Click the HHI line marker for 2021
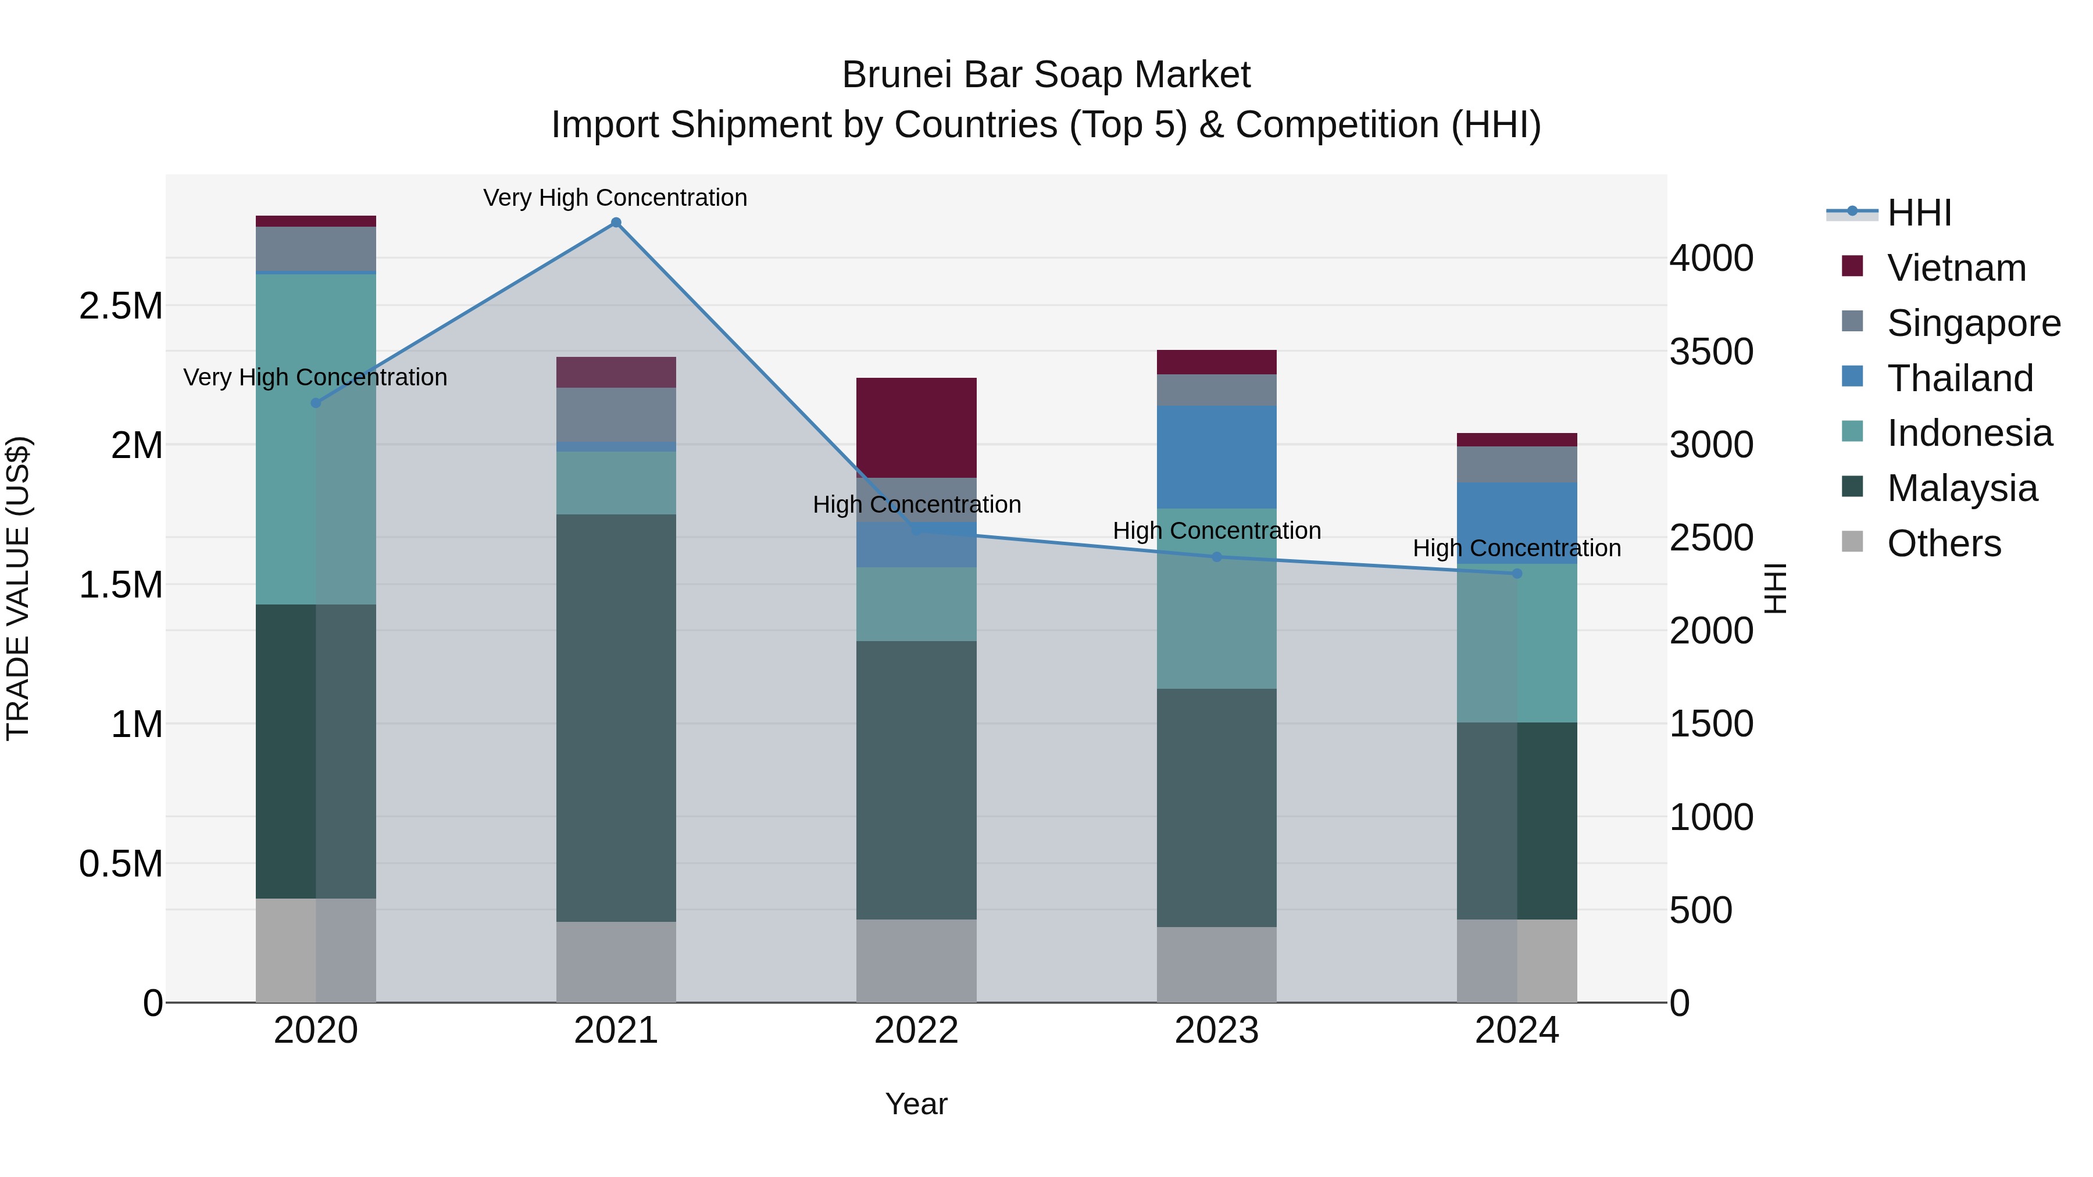pyautogui.click(x=616, y=223)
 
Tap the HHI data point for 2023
pyautogui.click(x=1216, y=557)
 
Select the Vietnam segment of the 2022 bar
pyautogui.click(x=916, y=427)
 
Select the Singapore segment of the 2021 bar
pyautogui.click(x=616, y=414)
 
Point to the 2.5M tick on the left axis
pyautogui.click(x=120, y=306)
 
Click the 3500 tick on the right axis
pyautogui.click(x=1711, y=352)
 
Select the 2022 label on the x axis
pyautogui.click(x=916, y=1031)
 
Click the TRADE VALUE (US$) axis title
pyautogui.click(x=18, y=588)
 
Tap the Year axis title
pyautogui.click(x=916, y=1104)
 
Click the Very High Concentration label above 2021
pyautogui.click(x=615, y=198)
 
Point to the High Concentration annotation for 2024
pyautogui.click(x=1516, y=548)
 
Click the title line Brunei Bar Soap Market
pyautogui.click(x=1046, y=75)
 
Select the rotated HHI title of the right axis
pyautogui.click(x=1776, y=588)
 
